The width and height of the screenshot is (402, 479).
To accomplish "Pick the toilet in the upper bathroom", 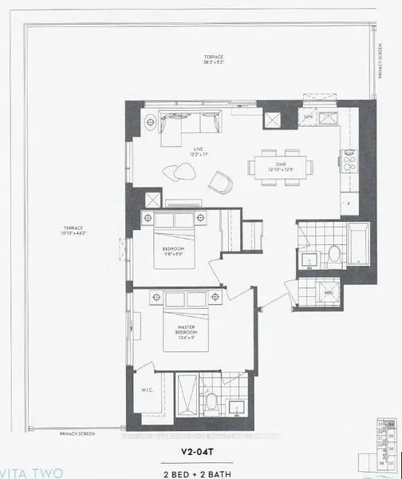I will pos(334,253).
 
